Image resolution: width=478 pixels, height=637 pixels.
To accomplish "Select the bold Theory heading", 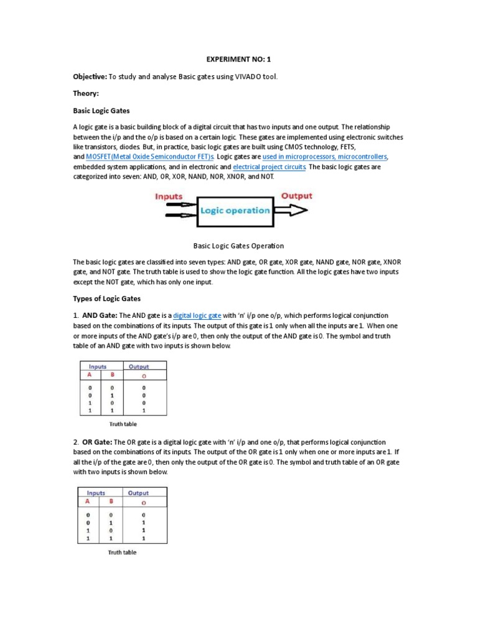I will tap(87, 93).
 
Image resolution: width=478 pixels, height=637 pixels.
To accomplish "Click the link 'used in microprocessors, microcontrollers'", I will tap(325, 157).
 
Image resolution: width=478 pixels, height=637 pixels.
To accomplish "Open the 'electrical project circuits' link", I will tap(269, 167).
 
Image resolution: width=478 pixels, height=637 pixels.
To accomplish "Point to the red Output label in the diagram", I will tap(296, 195).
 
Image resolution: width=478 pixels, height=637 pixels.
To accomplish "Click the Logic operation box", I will tap(235, 210).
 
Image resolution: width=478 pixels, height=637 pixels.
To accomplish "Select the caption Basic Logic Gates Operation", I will tap(239, 246).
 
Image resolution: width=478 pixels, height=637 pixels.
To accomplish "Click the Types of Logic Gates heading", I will tap(108, 299).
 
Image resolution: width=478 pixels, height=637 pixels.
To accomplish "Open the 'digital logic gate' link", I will tap(197, 316).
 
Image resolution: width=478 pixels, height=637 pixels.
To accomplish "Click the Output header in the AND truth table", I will tap(138, 366).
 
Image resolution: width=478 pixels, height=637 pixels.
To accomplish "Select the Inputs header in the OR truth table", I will tap(96, 493).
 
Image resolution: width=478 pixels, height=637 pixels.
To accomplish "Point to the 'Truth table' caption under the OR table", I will tap(122, 552).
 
